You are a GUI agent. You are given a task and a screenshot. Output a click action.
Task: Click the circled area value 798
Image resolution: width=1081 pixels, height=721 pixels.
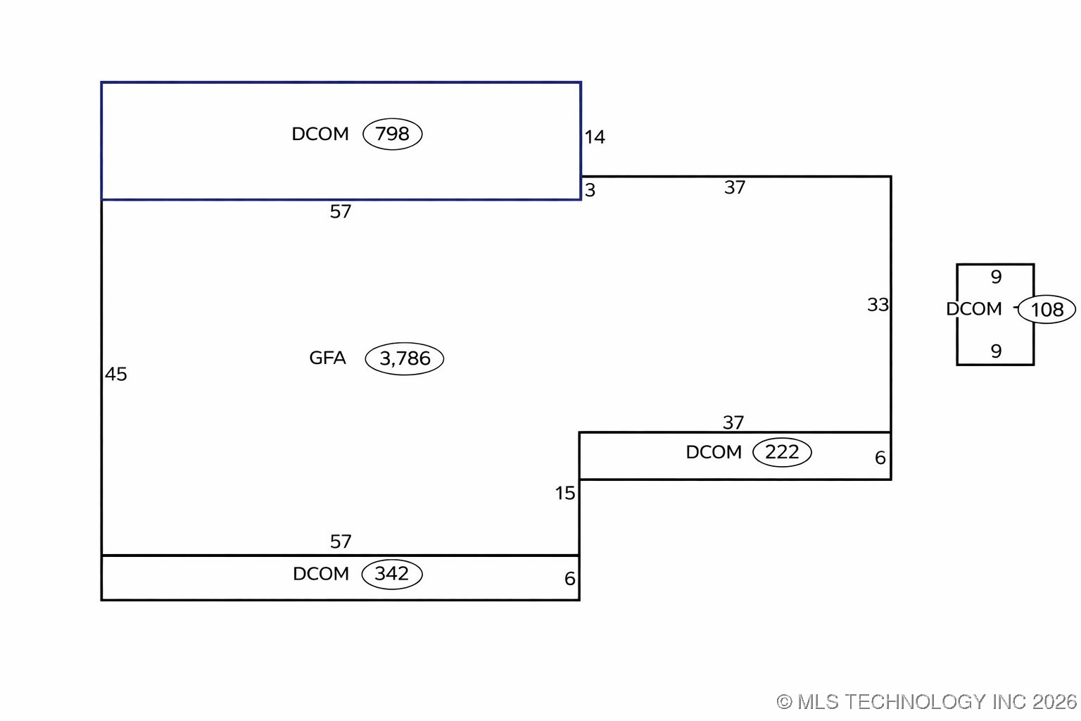click(x=392, y=134)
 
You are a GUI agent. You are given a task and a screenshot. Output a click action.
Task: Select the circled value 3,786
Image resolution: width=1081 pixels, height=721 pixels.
click(x=405, y=359)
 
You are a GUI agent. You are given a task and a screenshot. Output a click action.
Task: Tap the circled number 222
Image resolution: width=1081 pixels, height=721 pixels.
click(x=782, y=452)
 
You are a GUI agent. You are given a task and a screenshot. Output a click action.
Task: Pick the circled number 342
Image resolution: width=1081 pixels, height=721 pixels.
click(x=392, y=574)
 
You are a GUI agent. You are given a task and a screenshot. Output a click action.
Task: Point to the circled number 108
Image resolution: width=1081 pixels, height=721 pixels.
click(x=1047, y=310)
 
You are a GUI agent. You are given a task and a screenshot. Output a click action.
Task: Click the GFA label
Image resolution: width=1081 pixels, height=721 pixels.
click(x=328, y=358)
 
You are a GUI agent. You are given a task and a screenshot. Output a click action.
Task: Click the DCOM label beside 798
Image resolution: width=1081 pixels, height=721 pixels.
click(x=320, y=134)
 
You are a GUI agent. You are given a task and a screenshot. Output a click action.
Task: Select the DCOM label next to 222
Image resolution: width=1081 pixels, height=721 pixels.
click(x=714, y=452)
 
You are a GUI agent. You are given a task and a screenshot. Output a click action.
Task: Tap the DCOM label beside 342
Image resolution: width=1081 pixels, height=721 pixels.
click(x=321, y=574)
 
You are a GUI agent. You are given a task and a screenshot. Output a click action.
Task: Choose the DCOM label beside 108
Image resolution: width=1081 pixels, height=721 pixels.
click(x=974, y=309)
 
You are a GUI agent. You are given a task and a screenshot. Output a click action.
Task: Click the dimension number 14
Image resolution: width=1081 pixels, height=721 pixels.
click(x=595, y=137)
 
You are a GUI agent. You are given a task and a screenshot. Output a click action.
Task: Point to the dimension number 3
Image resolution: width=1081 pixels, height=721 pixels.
click(x=590, y=191)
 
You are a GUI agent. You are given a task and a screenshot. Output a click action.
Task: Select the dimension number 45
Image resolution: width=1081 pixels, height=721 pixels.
click(x=116, y=375)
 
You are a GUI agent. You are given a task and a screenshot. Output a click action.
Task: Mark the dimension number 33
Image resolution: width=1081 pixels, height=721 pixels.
click(x=878, y=305)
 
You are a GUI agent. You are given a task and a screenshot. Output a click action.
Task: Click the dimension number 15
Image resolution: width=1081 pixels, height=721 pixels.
click(x=565, y=494)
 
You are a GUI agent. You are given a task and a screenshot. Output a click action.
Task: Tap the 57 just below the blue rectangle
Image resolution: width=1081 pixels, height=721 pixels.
click(x=341, y=212)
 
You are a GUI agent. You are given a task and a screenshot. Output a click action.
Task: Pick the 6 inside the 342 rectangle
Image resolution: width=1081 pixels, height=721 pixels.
click(x=570, y=579)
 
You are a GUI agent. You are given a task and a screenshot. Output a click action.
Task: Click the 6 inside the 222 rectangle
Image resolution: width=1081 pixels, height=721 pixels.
click(x=880, y=458)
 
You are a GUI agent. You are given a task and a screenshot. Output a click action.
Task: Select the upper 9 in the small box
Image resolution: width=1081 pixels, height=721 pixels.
click(x=996, y=277)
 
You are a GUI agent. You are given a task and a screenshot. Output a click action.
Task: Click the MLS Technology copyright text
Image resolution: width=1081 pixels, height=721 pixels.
click(x=927, y=701)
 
